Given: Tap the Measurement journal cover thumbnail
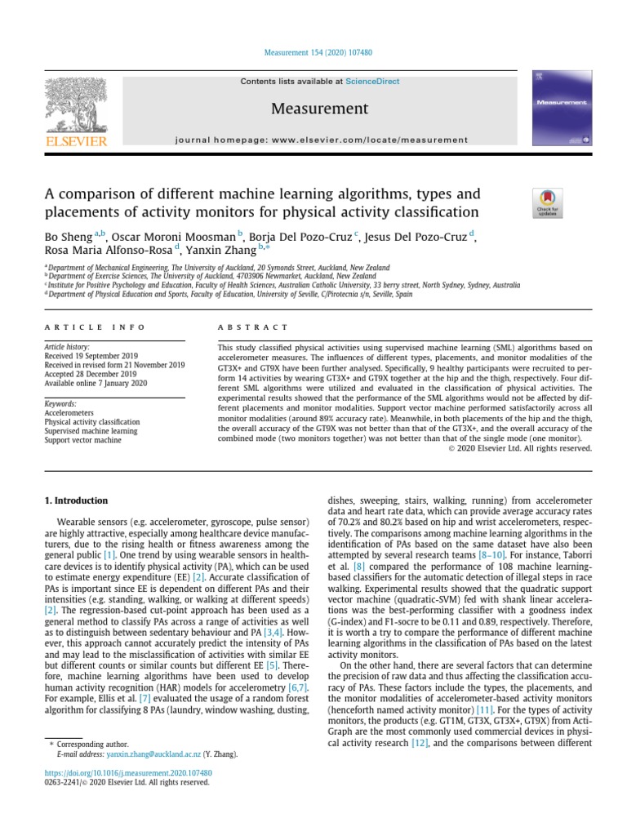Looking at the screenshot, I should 561,109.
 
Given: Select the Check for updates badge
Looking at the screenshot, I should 547,202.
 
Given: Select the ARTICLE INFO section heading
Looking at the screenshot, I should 95,327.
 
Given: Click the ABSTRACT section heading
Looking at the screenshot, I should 242,327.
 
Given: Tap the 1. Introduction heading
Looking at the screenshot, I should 75,500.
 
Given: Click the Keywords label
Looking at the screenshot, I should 60,403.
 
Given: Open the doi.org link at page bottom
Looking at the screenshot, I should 128,772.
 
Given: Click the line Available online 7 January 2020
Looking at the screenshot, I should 95,383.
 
